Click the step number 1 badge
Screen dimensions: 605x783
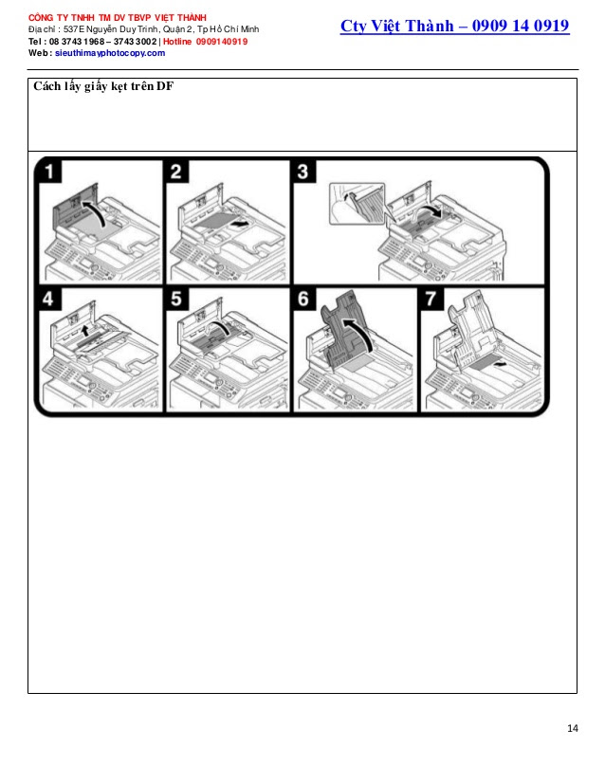click(x=49, y=171)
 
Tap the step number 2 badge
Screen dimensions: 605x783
click(x=175, y=171)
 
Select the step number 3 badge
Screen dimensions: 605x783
click(x=302, y=171)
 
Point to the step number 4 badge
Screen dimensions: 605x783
click(x=49, y=298)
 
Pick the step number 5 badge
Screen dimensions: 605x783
click(x=175, y=298)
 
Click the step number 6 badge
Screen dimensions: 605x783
click(x=302, y=298)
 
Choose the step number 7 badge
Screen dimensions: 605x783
click(x=431, y=298)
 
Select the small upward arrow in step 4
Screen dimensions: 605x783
click(x=85, y=330)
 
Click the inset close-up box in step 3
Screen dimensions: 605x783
click(x=357, y=203)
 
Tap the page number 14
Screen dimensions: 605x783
click(x=573, y=728)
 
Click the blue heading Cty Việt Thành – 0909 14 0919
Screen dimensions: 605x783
click(x=454, y=26)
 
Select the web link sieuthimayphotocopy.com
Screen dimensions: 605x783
click(x=110, y=53)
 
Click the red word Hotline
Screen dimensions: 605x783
click(x=177, y=42)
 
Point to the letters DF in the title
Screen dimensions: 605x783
click(x=165, y=86)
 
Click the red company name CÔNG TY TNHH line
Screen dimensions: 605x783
click(x=117, y=18)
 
